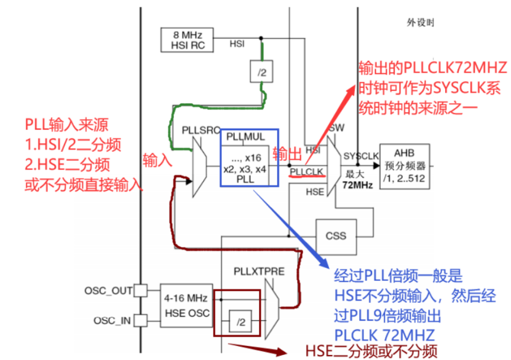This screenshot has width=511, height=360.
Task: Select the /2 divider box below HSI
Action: (x=261, y=72)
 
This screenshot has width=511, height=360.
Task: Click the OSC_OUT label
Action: (x=109, y=290)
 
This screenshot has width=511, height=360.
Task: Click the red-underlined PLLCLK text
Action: (x=307, y=171)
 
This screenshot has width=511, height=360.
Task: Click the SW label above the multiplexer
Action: (x=336, y=128)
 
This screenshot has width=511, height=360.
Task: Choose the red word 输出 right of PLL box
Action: (x=287, y=153)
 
